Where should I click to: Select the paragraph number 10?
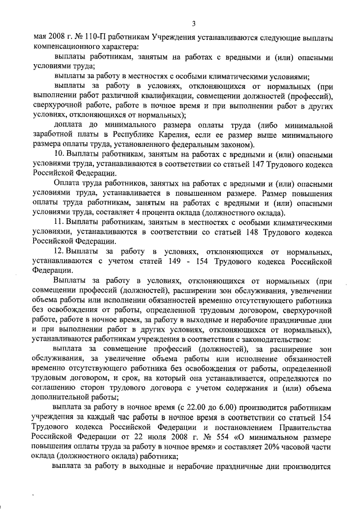pos(58,153)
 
